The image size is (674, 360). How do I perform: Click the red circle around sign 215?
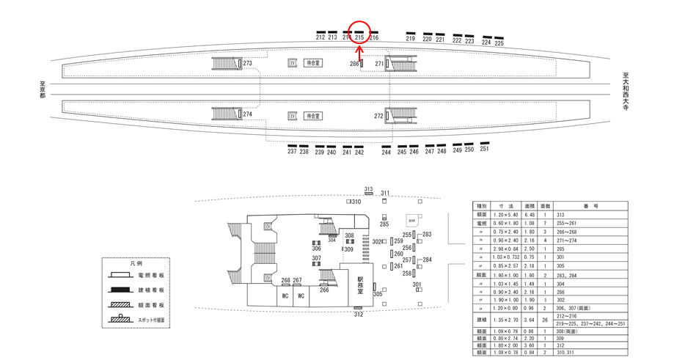[359, 32]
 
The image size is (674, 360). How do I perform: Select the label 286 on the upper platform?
[354, 65]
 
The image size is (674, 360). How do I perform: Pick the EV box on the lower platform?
[292, 116]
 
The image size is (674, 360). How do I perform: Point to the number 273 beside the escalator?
[247, 64]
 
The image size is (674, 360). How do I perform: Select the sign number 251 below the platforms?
[484, 149]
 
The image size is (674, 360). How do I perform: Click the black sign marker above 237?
[292, 145]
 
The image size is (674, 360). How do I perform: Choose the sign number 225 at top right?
[499, 43]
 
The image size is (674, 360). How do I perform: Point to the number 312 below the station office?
[358, 315]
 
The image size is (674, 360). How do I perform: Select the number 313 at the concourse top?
[368, 189]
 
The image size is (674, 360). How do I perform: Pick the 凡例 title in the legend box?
[136, 262]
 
